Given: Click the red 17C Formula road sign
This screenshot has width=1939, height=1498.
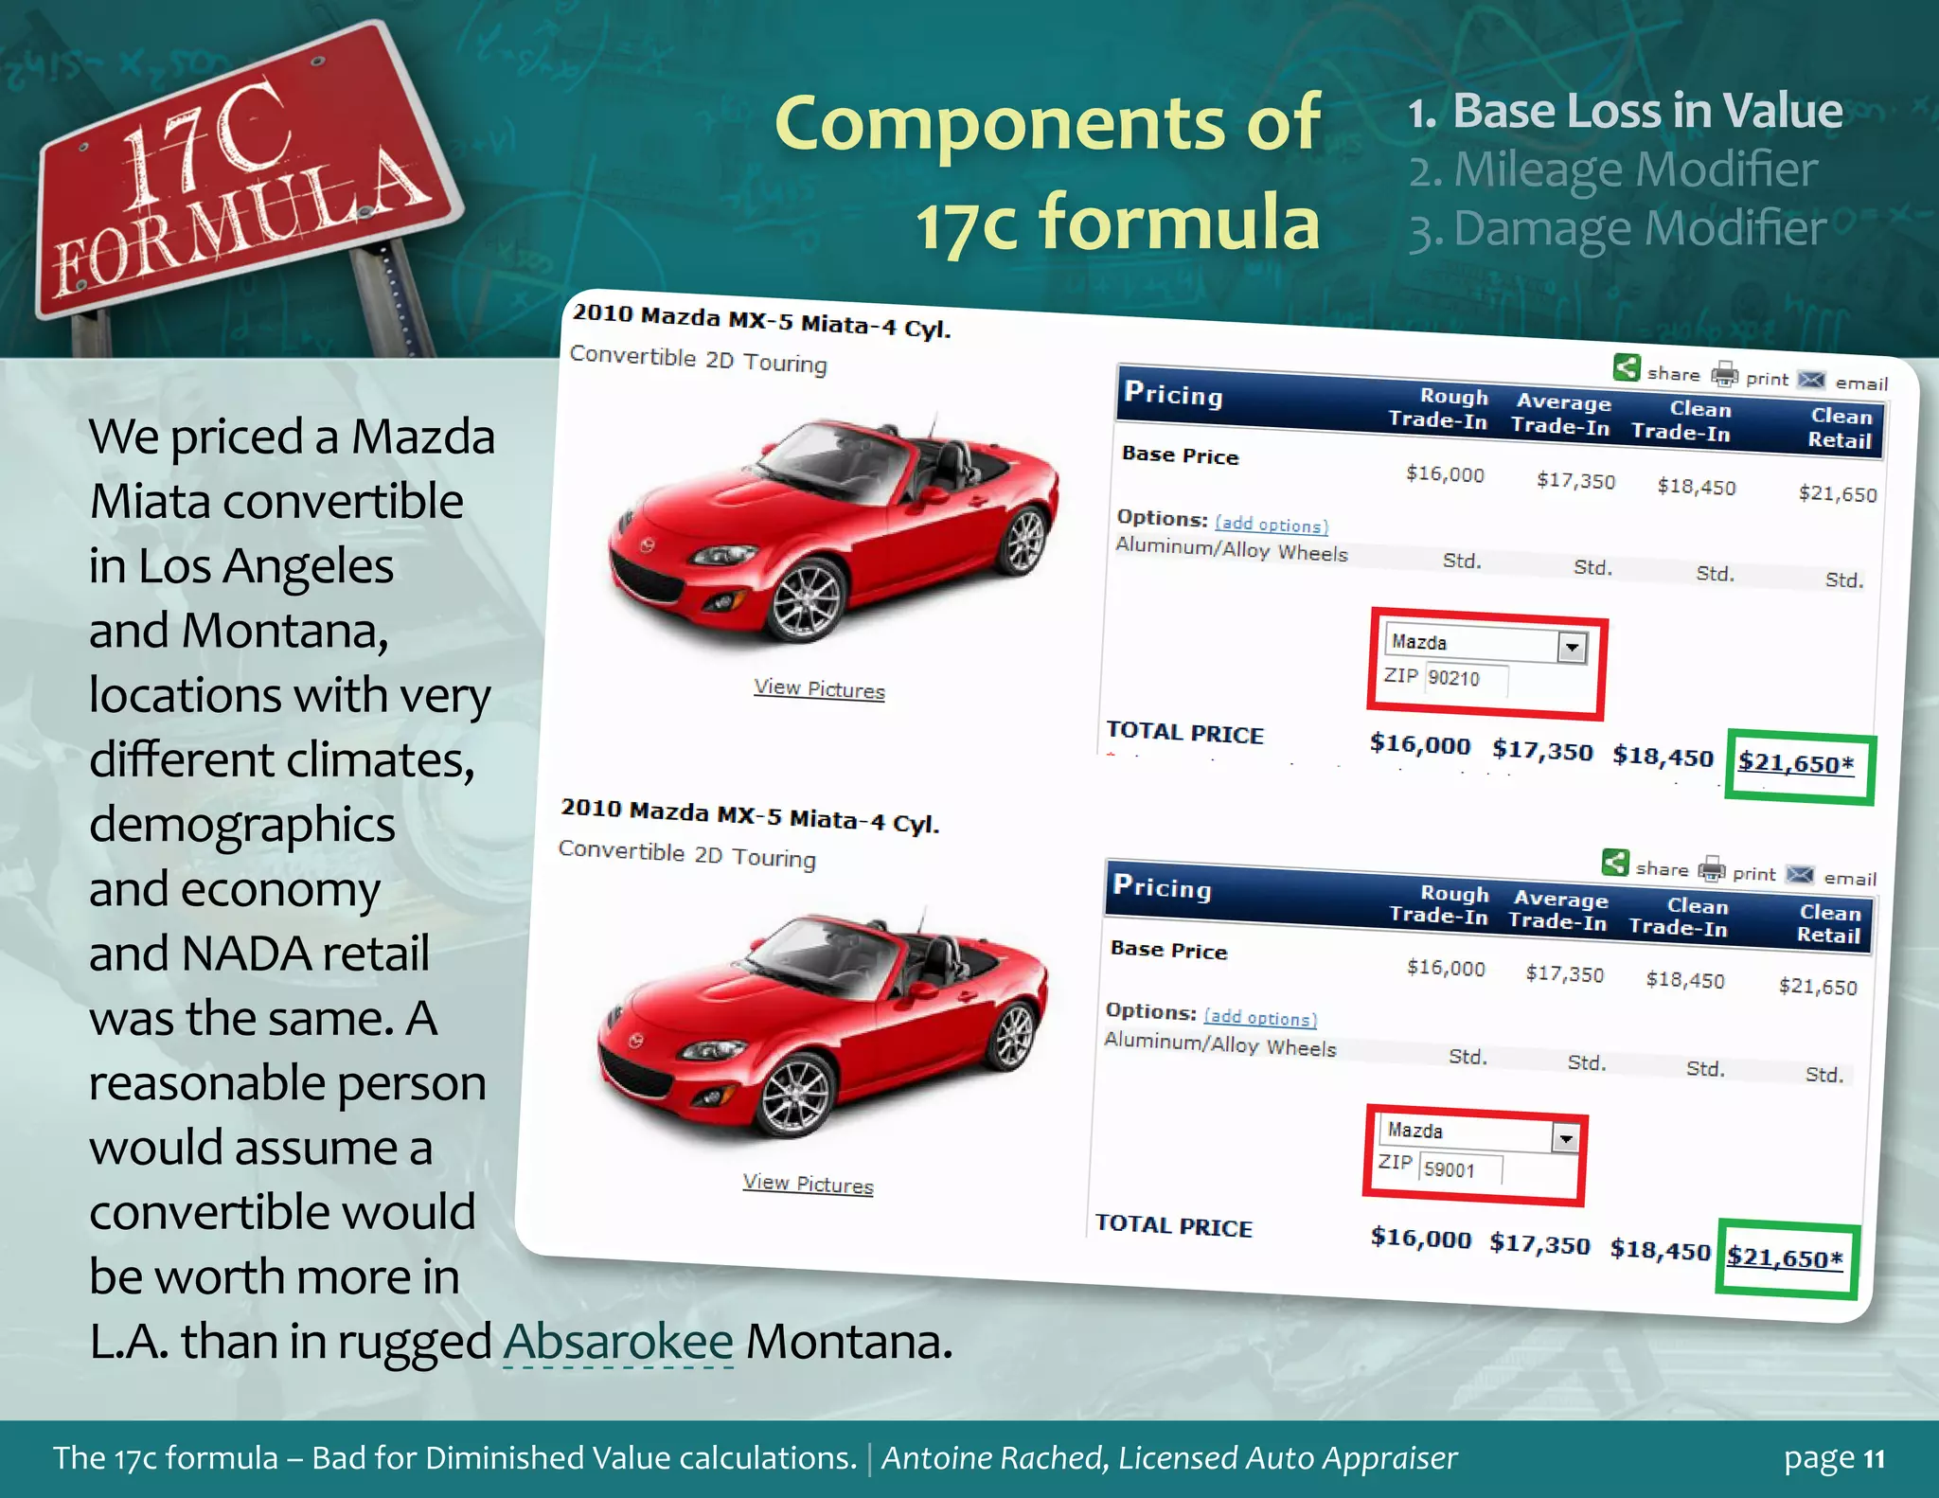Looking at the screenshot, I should click(x=237, y=180).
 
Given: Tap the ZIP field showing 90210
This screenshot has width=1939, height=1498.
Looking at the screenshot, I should click(x=1466, y=679).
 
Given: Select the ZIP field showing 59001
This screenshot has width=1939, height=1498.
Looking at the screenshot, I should click(x=1461, y=1169).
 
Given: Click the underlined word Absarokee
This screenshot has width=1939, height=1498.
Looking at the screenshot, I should click(x=618, y=1342).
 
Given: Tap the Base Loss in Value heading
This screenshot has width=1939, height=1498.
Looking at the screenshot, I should click(x=1646, y=111).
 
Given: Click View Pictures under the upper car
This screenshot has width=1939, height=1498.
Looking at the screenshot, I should click(x=819, y=689).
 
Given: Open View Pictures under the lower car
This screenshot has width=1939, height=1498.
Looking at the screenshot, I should click(x=808, y=1184).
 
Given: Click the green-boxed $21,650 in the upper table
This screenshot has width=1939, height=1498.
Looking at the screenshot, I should click(x=1796, y=763).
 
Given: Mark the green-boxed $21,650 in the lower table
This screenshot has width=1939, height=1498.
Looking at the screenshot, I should click(x=1785, y=1257).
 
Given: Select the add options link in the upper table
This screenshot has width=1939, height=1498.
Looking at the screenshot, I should click(x=1272, y=524).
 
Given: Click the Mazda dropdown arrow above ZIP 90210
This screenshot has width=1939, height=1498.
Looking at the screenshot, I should click(x=1572, y=648).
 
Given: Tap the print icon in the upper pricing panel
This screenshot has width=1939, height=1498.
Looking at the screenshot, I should click(x=1725, y=375).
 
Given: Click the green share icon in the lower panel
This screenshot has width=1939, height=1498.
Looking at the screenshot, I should click(x=1615, y=863).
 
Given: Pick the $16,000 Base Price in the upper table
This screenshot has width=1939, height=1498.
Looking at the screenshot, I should click(x=1445, y=474).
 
